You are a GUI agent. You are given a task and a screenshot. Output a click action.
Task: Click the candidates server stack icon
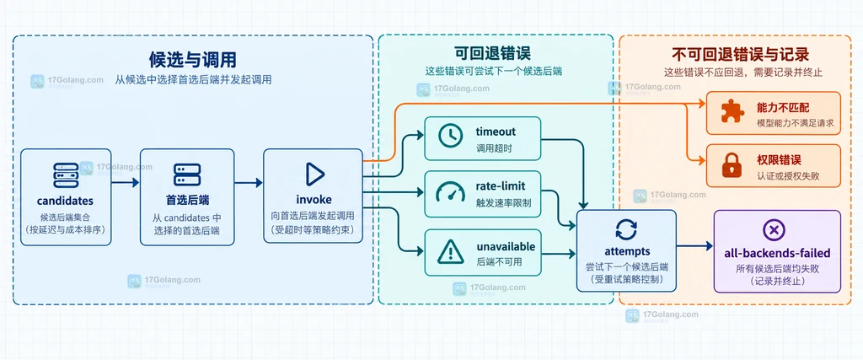(x=66, y=174)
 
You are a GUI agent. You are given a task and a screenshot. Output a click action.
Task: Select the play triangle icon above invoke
(x=315, y=174)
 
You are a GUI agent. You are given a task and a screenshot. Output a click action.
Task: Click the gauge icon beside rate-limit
(x=450, y=192)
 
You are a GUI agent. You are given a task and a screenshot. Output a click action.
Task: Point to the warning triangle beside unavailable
(x=450, y=252)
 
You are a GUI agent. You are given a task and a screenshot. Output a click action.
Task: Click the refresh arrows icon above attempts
(x=626, y=229)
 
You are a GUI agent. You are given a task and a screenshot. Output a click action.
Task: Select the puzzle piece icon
(x=732, y=111)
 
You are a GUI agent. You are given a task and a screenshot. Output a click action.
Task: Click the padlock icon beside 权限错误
(x=732, y=165)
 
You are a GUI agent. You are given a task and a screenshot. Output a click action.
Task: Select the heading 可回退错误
(x=492, y=53)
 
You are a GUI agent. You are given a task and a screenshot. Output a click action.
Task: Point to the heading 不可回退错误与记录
(x=740, y=55)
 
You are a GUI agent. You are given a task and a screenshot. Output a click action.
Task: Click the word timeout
(x=496, y=132)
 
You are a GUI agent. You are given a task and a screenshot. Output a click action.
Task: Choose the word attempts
(x=627, y=251)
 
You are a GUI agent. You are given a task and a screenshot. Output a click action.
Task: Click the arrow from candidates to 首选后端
(x=126, y=183)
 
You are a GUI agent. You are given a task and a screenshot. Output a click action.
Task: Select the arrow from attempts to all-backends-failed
(x=694, y=246)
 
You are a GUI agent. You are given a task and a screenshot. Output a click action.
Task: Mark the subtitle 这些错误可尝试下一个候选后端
(x=492, y=71)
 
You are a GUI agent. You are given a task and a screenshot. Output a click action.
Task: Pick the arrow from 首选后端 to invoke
(x=249, y=183)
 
